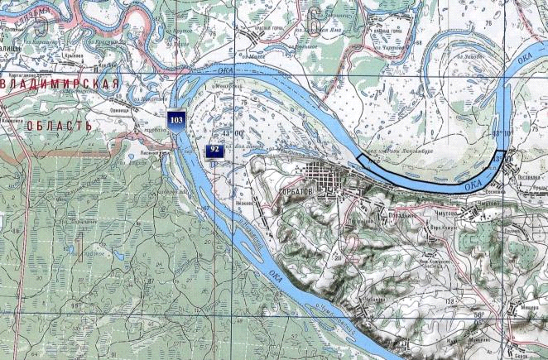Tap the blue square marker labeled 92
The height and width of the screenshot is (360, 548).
click(x=214, y=150)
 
